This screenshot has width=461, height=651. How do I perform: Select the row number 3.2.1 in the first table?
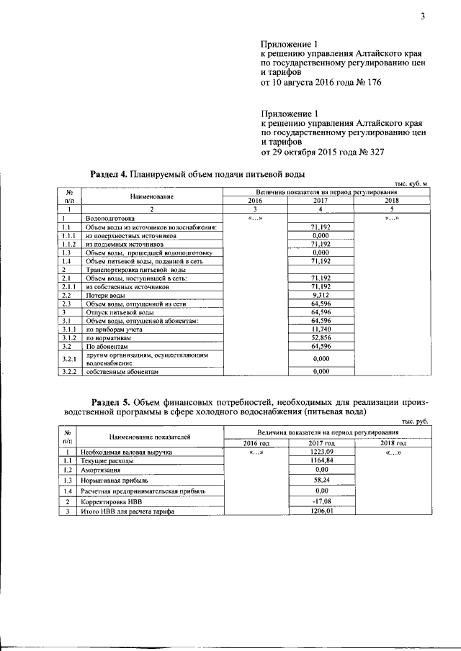click(68, 358)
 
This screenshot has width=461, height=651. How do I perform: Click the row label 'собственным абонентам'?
click(120, 372)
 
